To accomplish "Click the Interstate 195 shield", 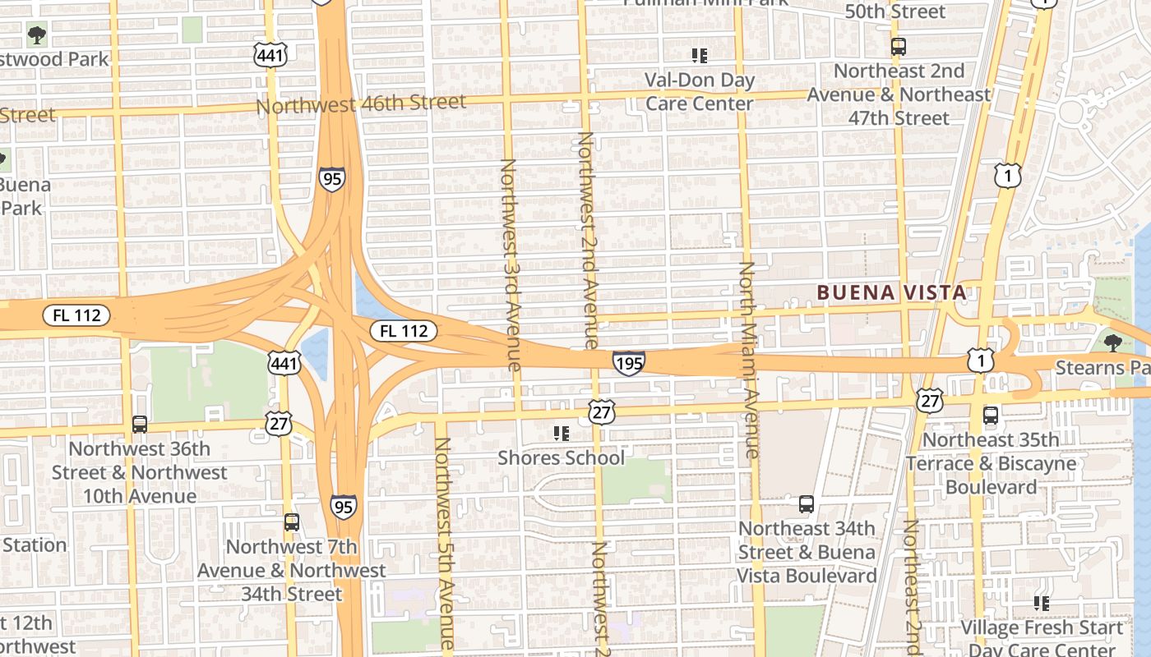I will [x=628, y=362].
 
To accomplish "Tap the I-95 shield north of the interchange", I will [x=332, y=178].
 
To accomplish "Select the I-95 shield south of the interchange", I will [x=344, y=506].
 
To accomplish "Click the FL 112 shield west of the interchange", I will [x=76, y=314].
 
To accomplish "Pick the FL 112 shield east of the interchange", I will [x=403, y=331].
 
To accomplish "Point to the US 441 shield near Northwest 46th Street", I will [x=270, y=55].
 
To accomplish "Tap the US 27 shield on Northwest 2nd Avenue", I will [x=602, y=411].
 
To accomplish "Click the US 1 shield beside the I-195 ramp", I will [x=980, y=360].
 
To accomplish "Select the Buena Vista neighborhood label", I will [x=891, y=292].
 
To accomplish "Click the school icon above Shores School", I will [x=562, y=433].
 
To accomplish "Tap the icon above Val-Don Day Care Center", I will [x=700, y=56].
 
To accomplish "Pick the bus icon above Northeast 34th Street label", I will [x=807, y=503].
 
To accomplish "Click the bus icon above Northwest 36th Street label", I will [x=140, y=425].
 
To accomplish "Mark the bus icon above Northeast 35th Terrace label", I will [x=991, y=416].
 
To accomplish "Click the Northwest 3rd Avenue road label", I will [x=510, y=264].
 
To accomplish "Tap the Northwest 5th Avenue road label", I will [x=445, y=542].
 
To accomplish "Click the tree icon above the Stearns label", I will [x=1113, y=342].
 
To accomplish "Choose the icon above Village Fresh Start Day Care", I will [x=1042, y=604].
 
